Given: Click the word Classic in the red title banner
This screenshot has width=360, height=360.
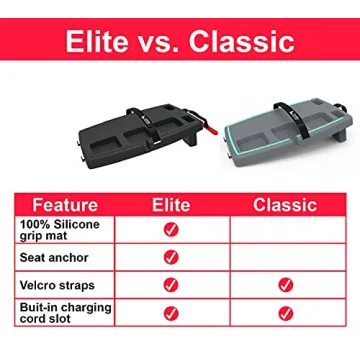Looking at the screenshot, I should coord(246,42).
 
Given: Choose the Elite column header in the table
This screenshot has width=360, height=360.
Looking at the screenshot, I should coord(172,204).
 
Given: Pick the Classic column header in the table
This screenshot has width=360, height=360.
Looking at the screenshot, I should coord(286,204).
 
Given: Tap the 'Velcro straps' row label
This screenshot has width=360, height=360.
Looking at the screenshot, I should coord(56,286).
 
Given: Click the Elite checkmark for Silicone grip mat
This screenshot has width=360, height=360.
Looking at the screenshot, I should coord(172,229).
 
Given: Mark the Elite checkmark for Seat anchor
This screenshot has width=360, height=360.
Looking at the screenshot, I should coord(172,257).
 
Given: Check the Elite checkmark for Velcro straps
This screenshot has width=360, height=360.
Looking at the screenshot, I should coord(172,285).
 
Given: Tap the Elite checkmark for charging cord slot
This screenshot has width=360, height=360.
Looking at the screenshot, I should coord(172,312).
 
